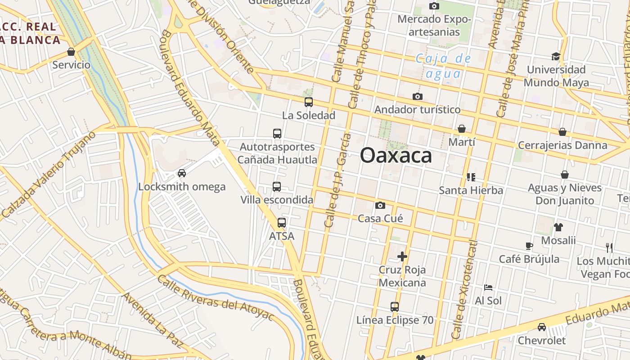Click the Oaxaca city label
[x=396, y=156]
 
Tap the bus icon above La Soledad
[x=308, y=102]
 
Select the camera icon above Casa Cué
[x=380, y=206]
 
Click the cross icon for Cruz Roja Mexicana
[x=402, y=256]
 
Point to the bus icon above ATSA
[x=282, y=223]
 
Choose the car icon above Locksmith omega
[x=182, y=173]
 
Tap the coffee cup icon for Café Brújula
[x=529, y=246]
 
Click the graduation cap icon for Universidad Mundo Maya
[x=556, y=56]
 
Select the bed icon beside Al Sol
[x=488, y=287]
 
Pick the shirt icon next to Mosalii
[x=558, y=227]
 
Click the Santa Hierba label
[x=471, y=190]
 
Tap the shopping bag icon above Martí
[x=462, y=129]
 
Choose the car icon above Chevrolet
[x=542, y=327]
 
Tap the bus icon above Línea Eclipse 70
[x=395, y=307]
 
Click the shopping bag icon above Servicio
[x=71, y=52]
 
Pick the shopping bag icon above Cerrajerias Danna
[x=562, y=132]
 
